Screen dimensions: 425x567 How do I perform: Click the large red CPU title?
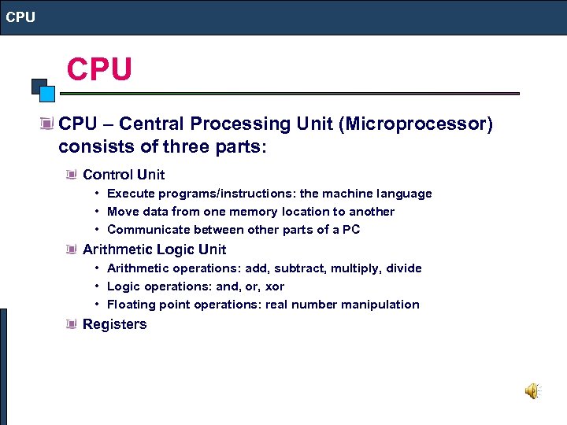tap(99, 69)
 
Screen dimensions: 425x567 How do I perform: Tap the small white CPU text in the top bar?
tap(21, 17)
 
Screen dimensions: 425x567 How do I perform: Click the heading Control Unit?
tap(124, 175)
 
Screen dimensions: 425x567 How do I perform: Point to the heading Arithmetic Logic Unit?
tap(154, 249)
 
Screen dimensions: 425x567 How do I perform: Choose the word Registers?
tap(114, 324)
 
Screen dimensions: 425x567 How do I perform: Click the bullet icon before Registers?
tap(72, 324)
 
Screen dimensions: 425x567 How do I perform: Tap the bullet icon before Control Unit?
tap(72, 175)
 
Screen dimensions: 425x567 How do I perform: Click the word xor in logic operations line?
tap(275, 286)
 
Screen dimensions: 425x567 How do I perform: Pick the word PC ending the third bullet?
tap(352, 230)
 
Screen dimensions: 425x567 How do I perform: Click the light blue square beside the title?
tap(47, 94)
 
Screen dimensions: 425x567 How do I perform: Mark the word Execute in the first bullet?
tap(130, 194)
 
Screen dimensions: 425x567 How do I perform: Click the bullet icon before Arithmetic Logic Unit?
tap(72, 249)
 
